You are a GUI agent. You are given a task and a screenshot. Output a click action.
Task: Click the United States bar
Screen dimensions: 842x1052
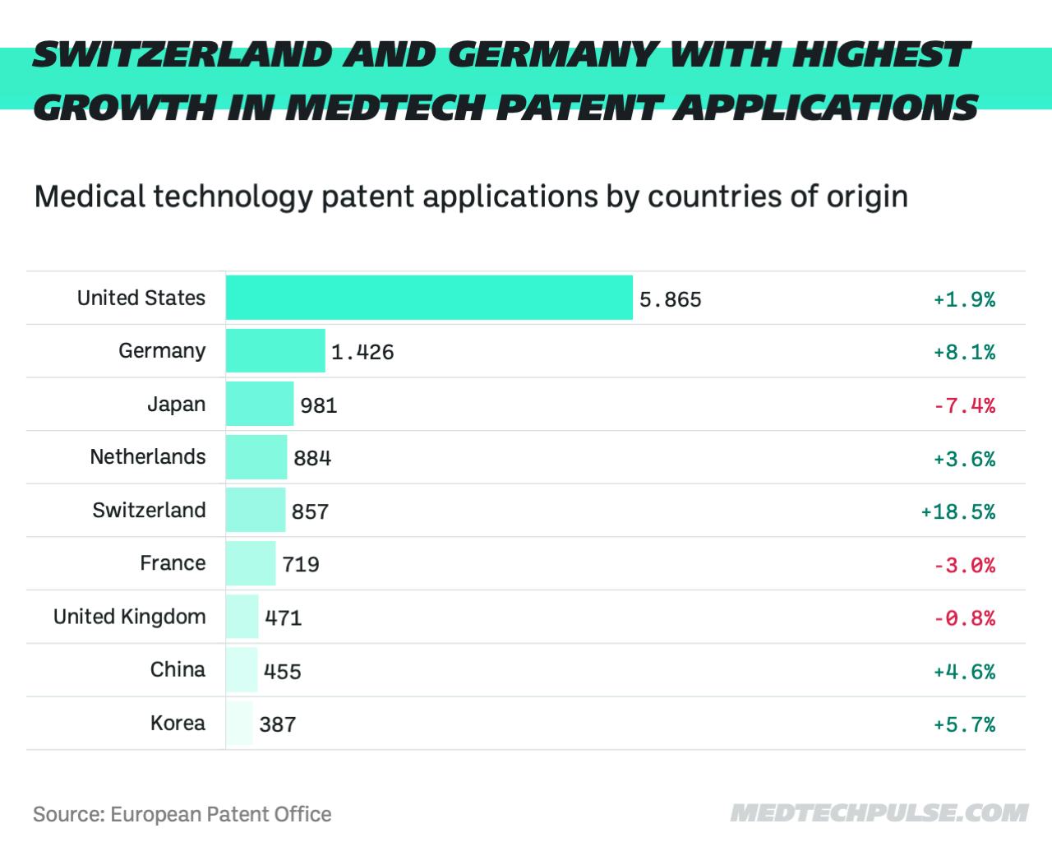(429, 298)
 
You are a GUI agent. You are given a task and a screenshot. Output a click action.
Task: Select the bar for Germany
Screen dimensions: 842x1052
(275, 351)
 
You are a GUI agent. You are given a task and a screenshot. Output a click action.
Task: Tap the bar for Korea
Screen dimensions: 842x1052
(239, 724)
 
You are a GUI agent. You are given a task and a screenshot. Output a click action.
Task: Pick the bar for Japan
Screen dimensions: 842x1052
(260, 404)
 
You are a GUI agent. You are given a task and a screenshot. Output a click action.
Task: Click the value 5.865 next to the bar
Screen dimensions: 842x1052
(671, 299)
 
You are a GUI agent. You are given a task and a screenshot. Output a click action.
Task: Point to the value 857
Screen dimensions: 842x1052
(310, 511)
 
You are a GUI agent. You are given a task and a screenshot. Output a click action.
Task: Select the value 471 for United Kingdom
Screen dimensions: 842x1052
(284, 618)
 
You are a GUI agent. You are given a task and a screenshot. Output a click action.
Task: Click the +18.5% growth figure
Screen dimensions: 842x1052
(957, 511)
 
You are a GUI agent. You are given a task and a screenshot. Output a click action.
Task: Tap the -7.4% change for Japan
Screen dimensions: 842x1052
(964, 405)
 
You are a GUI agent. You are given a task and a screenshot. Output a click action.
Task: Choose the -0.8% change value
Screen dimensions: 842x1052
(964, 618)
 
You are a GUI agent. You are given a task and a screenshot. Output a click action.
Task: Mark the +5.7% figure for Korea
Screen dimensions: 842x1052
(964, 724)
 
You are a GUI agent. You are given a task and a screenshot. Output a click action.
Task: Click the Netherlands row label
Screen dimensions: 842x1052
(148, 457)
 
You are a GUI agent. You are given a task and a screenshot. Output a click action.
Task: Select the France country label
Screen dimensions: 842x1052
(173, 563)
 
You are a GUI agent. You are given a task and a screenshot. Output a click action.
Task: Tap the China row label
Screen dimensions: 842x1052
(178, 669)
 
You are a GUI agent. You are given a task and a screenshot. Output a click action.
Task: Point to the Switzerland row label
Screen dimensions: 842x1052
(149, 510)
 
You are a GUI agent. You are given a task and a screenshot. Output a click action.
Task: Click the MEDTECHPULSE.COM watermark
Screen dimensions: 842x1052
(879, 813)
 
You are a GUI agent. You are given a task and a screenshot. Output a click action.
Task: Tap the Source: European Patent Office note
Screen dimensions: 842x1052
(182, 814)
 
